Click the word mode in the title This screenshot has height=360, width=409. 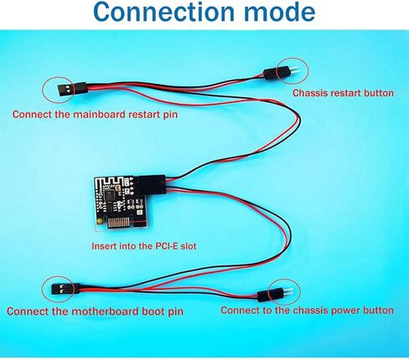(278, 12)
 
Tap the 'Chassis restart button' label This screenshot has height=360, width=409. (343, 93)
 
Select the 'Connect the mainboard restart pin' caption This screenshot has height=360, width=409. (95, 115)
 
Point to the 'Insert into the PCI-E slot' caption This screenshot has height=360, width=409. (144, 246)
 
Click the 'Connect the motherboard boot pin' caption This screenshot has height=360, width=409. (95, 311)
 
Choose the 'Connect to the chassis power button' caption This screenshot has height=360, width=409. (307, 311)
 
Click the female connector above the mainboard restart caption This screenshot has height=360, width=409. (72, 89)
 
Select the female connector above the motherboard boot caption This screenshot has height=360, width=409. (65, 289)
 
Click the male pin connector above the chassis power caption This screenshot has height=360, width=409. (275, 295)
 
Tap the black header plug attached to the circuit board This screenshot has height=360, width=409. (152, 184)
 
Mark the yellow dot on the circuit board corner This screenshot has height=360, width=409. (100, 222)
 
